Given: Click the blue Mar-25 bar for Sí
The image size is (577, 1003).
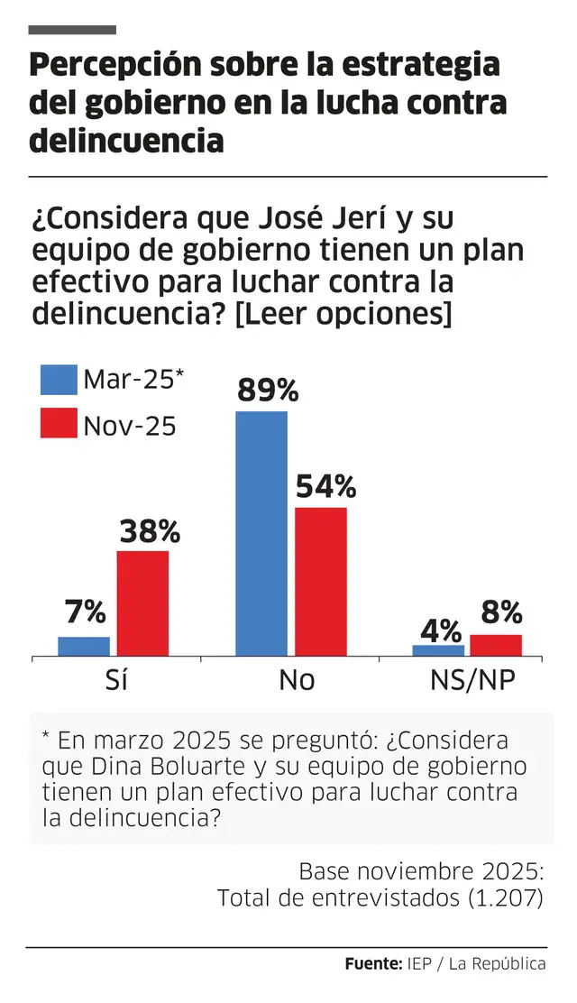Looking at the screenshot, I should coord(84,646).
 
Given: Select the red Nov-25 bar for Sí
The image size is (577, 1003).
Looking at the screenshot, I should coord(142,603).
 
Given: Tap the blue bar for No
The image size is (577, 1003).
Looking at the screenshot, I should coord(261,533).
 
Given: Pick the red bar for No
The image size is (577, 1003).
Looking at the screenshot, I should coord(320,581).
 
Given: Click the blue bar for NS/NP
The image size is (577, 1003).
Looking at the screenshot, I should coord(438,650).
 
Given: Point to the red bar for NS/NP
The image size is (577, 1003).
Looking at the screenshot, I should coord(496,645).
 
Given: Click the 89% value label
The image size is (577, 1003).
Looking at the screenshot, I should coord(267,391).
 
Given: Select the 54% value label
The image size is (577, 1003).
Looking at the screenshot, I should coord(325,487).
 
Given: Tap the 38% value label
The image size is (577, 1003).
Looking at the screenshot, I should coord(150,531).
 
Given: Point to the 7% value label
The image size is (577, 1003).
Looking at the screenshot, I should coord(86,613).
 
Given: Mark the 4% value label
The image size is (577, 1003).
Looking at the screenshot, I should coord(443,629).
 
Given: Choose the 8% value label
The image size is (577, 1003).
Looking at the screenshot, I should coord(501,613).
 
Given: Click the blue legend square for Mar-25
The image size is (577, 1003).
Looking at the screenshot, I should coord(59,380).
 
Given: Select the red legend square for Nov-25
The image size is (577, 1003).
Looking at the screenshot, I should coord(59,423).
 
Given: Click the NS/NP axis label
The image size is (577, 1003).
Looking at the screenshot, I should coord(470,680).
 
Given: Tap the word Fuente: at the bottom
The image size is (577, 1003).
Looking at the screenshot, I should coord(373,964).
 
